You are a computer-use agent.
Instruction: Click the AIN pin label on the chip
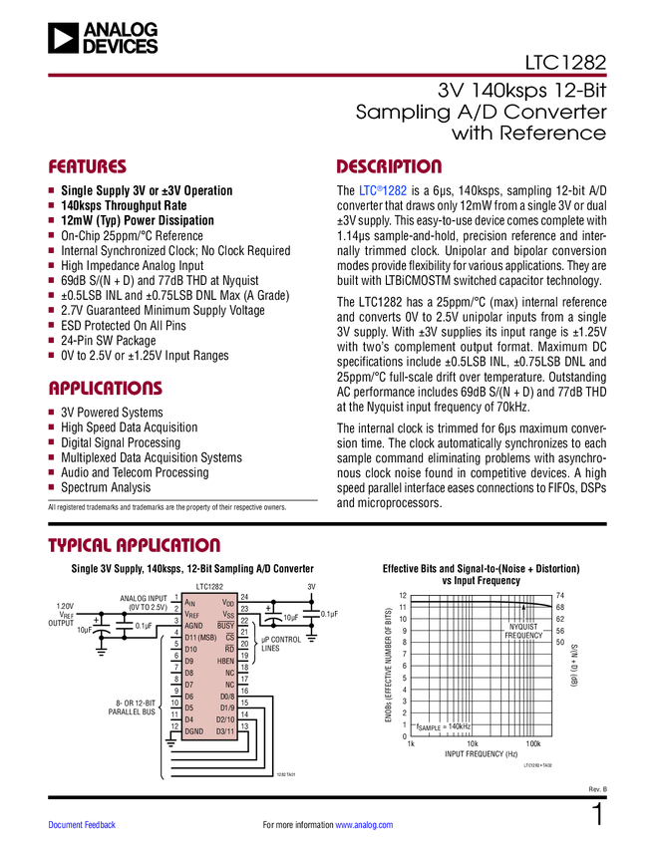190,603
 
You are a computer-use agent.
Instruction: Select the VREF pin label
192,615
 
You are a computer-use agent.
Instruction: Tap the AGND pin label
193,626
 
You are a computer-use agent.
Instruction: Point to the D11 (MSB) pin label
200,638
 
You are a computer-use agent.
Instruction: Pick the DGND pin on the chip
193,731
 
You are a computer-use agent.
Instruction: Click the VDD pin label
228,603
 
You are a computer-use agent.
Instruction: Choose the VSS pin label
228,615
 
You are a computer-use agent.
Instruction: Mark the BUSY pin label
225,626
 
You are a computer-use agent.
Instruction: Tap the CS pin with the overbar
229,638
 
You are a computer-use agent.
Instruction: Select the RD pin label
229,650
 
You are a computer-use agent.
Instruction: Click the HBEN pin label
225,661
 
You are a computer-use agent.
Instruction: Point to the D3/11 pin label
225,731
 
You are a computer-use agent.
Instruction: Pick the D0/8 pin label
226,697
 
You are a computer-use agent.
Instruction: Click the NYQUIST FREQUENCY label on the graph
523,631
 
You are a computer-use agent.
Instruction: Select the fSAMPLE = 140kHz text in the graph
443,727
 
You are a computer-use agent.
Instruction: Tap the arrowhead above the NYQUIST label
523,605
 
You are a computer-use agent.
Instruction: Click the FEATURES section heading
88,167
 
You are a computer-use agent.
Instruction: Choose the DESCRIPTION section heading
390,167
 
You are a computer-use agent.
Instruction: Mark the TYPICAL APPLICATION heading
135,545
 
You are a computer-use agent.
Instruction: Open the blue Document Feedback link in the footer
83,825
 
